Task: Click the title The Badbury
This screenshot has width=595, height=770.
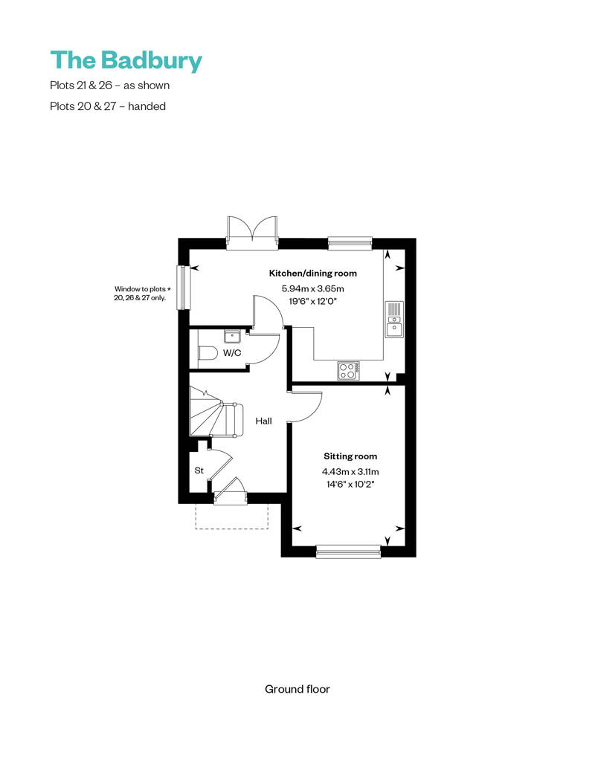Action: tap(126, 60)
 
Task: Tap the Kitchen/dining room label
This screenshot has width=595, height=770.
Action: tap(313, 273)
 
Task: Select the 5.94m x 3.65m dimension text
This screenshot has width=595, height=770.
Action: tap(313, 288)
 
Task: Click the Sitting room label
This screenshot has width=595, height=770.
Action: tap(350, 456)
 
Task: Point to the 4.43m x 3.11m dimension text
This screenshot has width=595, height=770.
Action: tap(350, 471)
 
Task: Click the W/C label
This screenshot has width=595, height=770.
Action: tap(232, 352)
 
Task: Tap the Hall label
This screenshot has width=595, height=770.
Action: tap(263, 421)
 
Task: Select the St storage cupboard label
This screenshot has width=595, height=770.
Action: tap(199, 470)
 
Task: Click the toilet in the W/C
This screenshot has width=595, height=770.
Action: tap(208, 353)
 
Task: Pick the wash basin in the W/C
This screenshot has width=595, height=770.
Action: tap(232, 337)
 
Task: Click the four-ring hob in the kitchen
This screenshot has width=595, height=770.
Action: tap(348, 371)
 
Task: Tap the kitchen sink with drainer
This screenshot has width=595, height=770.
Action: tap(394, 319)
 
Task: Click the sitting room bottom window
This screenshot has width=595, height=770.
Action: tap(348, 552)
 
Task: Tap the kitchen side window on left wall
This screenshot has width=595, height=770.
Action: tap(183, 288)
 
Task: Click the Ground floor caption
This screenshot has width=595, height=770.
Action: tap(297, 689)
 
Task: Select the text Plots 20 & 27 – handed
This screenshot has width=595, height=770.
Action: tap(108, 106)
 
